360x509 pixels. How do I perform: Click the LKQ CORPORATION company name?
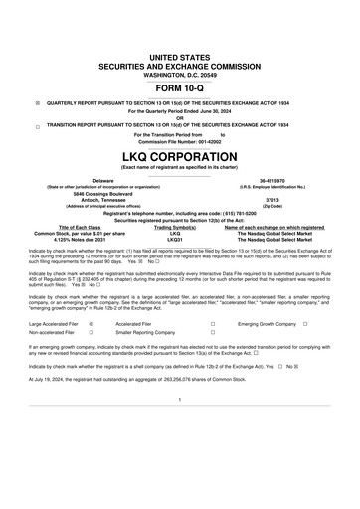(x=179, y=157)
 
